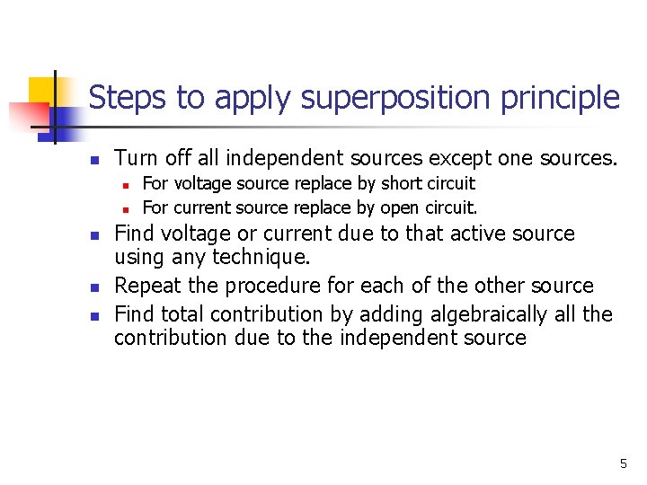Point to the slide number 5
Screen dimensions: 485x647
[x=623, y=463]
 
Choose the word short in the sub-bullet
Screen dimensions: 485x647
[x=400, y=183]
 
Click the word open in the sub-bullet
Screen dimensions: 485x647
[x=400, y=208]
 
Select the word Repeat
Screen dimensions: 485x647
[x=146, y=286]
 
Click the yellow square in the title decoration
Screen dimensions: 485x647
[x=42, y=93]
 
